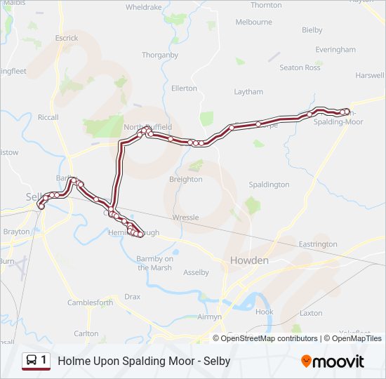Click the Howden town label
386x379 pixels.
click(x=249, y=260)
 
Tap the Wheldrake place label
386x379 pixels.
click(x=143, y=7)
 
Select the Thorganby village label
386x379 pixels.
click(x=160, y=55)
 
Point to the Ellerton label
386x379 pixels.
click(x=184, y=88)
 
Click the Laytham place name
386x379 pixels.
click(x=248, y=92)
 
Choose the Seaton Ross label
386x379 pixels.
click(x=300, y=67)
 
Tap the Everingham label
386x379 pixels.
click(x=335, y=50)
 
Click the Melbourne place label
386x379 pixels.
click(x=253, y=22)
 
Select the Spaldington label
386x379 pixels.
click(x=269, y=185)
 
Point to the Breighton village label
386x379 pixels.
click(x=185, y=179)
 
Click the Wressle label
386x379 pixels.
click(x=186, y=218)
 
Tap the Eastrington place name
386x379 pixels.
click(x=318, y=244)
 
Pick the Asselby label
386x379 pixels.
click(x=196, y=272)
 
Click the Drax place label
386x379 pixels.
click(x=133, y=297)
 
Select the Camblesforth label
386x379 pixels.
click(x=90, y=302)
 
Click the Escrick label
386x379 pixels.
click(x=67, y=37)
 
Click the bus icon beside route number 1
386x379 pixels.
click(x=32, y=361)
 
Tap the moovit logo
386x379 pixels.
click(x=333, y=361)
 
